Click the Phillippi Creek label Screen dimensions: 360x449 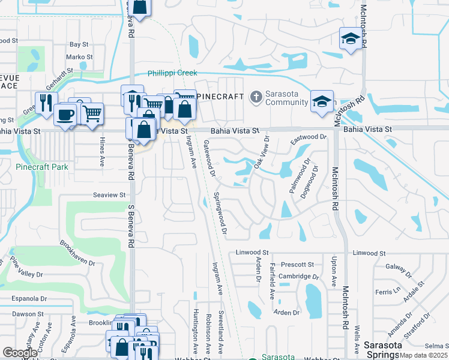(x=172, y=73)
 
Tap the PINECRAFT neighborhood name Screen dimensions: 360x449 (x=220, y=97)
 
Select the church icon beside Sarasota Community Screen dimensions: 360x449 (x=256, y=97)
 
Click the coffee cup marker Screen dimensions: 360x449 (x=65, y=114)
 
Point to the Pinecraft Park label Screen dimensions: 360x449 (x=42, y=167)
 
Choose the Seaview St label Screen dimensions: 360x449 (x=109, y=195)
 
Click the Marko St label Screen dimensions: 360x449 (x=79, y=57)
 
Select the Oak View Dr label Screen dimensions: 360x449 (x=262, y=152)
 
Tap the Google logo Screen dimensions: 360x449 (x=20, y=353)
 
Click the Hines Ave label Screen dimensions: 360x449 (x=101, y=155)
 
